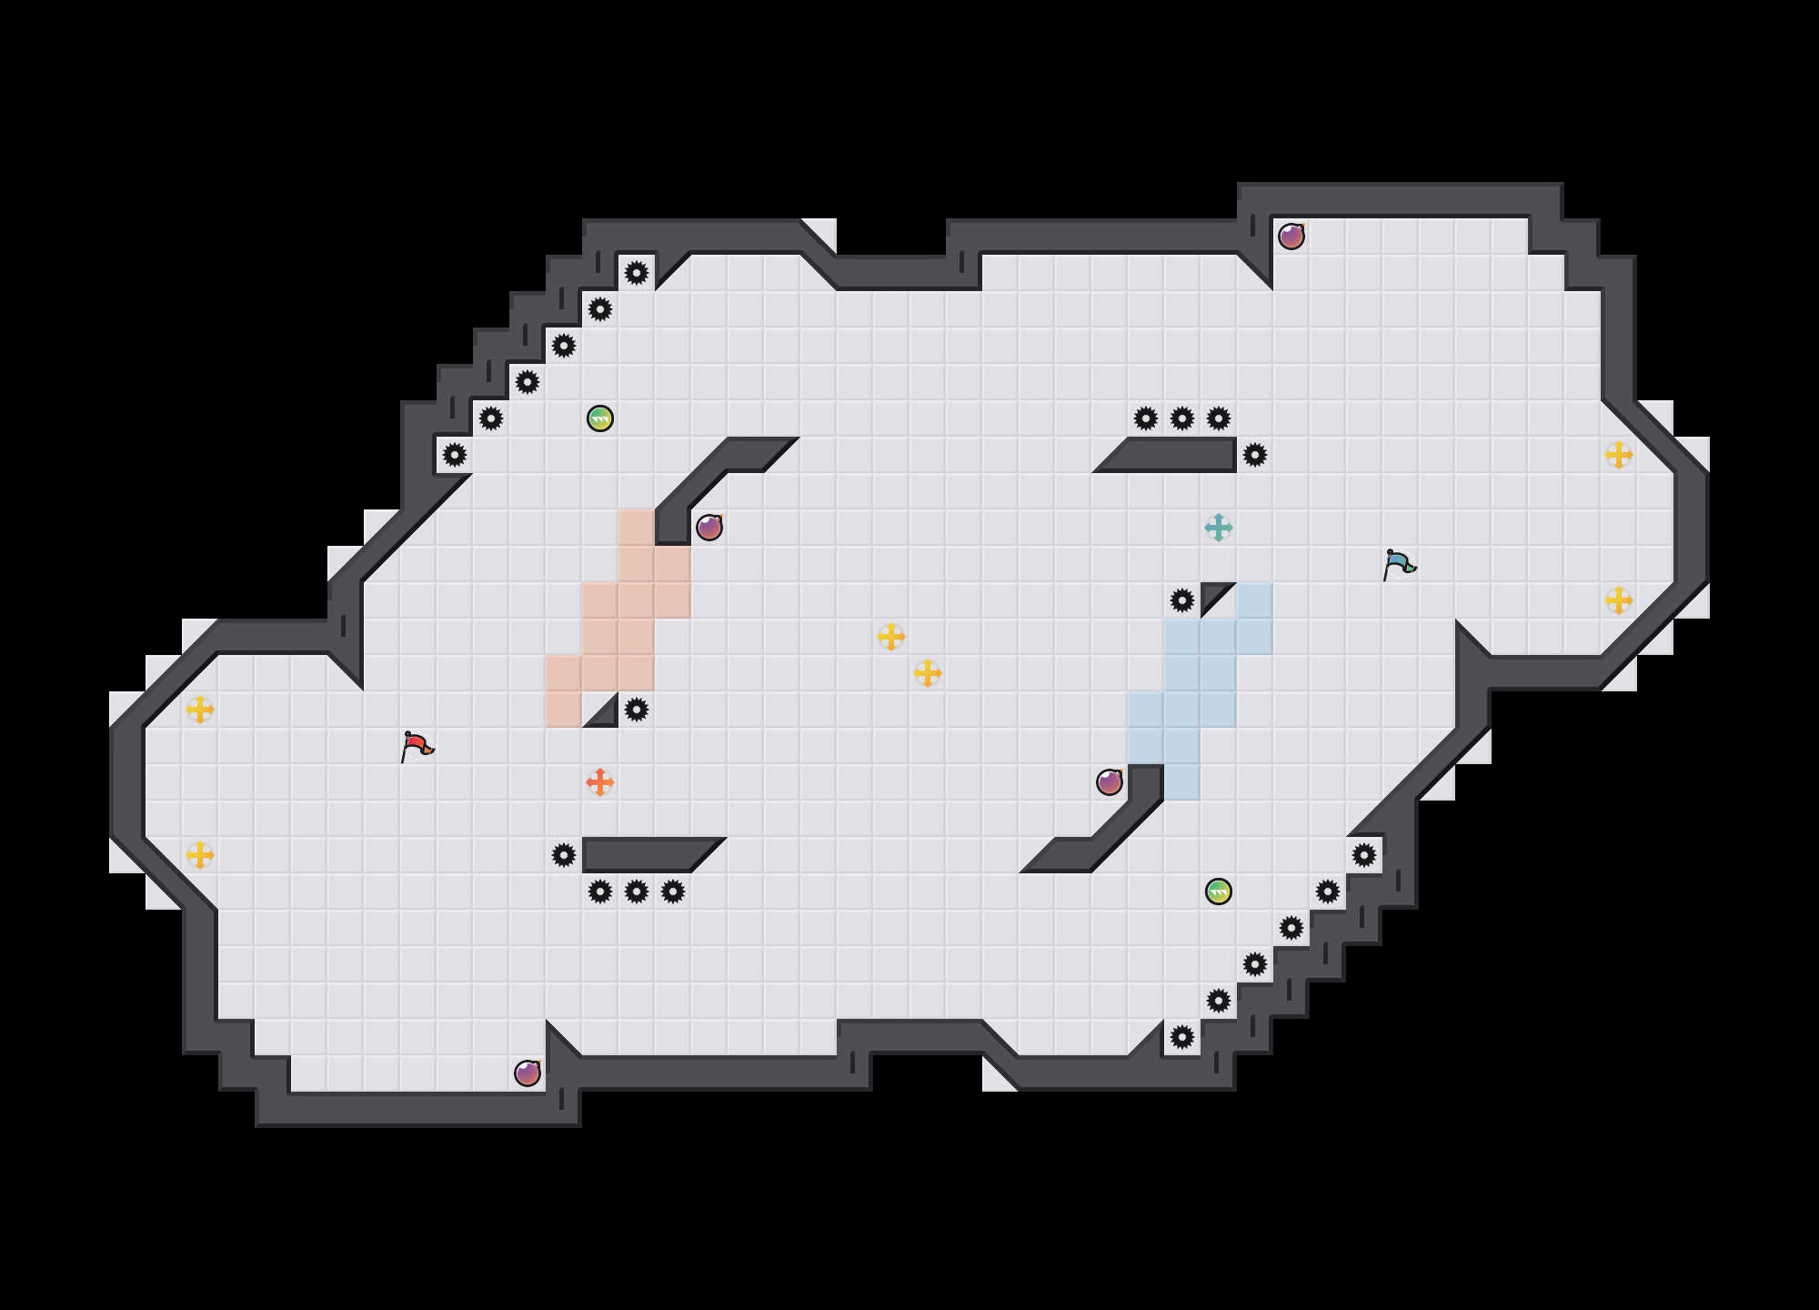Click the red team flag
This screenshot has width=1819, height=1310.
click(x=417, y=746)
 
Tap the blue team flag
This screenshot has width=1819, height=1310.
click(x=1399, y=564)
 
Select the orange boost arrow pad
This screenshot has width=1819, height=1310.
click(x=600, y=782)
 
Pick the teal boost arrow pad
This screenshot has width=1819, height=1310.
click(x=1219, y=528)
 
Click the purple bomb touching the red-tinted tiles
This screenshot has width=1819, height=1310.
click(x=709, y=528)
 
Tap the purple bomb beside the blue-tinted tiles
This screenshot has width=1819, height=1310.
click(x=1110, y=782)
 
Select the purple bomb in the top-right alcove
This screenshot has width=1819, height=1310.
click(x=1291, y=237)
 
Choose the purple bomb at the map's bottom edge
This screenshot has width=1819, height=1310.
click(x=528, y=1073)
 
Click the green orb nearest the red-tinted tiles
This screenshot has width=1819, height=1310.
click(x=600, y=418)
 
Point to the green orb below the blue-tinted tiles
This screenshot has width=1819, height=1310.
click(x=1219, y=892)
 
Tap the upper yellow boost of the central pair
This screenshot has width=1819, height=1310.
click(x=891, y=637)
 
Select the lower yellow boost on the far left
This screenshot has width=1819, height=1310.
click(x=200, y=855)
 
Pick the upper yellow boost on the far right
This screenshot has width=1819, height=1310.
click(x=1619, y=455)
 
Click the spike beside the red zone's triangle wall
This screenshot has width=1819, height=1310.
click(x=637, y=710)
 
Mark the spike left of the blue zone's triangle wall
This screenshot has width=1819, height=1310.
click(x=1182, y=600)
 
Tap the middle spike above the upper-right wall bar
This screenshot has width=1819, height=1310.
click(x=1182, y=418)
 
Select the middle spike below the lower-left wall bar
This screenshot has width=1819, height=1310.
click(x=637, y=892)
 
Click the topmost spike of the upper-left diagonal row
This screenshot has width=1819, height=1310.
click(x=637, y=273)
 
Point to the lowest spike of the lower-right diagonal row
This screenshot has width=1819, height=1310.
click(x=1182, y=1037)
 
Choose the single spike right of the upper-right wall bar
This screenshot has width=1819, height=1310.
click(x=1255, y=455)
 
